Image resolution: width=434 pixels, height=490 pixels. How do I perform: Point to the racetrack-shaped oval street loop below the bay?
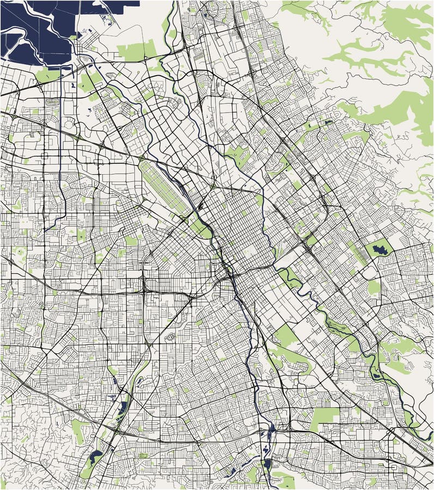(x=53, y=102)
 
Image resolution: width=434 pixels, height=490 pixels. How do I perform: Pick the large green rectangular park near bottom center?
(x=326, y=417)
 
